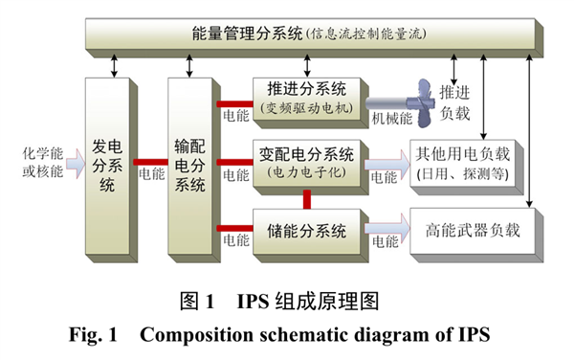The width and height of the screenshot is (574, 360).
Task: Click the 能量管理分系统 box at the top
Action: click(x=305, y=35)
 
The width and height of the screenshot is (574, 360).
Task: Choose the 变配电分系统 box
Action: click(x=306, y=163)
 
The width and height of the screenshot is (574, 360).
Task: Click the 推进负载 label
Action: click(x=455, y=102)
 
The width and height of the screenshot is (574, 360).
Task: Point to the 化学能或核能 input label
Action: click(x=41, y=162)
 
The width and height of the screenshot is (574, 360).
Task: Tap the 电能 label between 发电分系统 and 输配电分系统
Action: click(x=151, y=175)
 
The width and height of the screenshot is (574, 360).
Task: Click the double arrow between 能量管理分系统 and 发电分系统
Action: click(x=116, y=64)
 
